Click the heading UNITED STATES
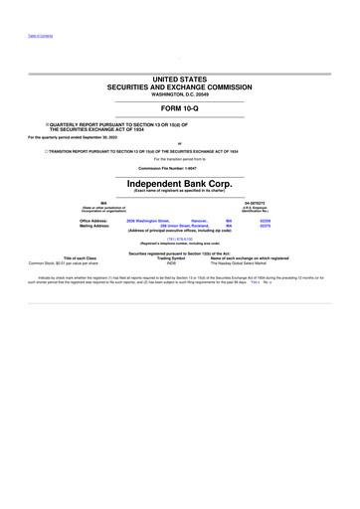pyautogui.click(x=179, y=78)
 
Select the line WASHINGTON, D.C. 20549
pyautogui.click(x=179, y=94)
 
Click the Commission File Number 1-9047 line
pyautogui.click(x=179, y=167)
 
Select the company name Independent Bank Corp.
pyautogui.click(x=179, y=184)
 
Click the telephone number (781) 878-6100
pyautogui.click(x=179, y=239)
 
